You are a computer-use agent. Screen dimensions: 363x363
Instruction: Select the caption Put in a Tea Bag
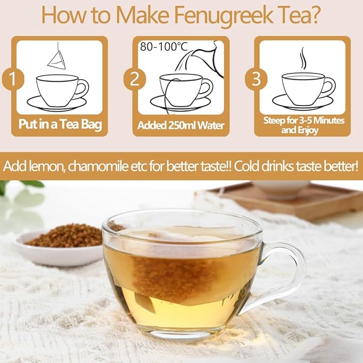(x=60, y=126)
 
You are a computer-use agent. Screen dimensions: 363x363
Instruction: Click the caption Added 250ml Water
(x=181, y=126)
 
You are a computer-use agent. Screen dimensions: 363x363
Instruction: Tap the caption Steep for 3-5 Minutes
(x=303, y=121)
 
